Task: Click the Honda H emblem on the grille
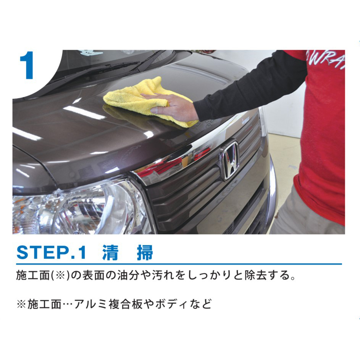(x=229, y=160)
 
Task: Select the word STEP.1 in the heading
(x=52, y=253)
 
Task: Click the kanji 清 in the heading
(x=110, y=253)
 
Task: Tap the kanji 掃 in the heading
(x=145, y=253)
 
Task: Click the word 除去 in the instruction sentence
(x=255, y=275)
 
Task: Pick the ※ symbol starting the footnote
(x=22, y=305)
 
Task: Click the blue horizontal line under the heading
(x=179, y=264)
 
